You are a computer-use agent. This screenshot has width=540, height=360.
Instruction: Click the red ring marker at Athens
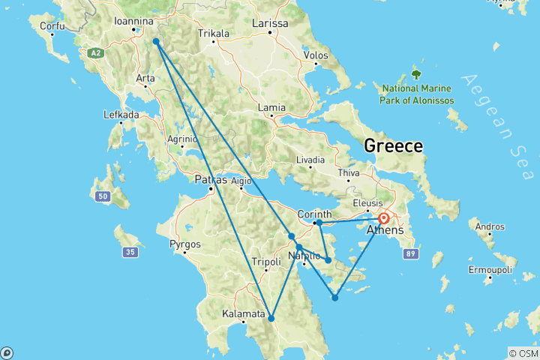tap(383, 219)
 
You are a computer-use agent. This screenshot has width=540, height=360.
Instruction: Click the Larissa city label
tap(269, 23)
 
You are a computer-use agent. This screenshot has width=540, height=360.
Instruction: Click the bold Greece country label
tap(393, 145)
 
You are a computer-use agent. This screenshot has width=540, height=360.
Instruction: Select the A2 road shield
tap(95, 53)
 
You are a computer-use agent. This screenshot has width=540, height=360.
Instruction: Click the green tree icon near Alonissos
tap(416, 74)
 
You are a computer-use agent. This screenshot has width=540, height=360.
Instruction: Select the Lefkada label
tap(121, 115)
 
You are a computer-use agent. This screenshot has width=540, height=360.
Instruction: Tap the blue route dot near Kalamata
tap(271, 319)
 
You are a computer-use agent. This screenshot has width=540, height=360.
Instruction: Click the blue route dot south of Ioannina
tap(156, 42)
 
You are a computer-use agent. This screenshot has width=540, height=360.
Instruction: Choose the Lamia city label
tap(271, 108)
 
